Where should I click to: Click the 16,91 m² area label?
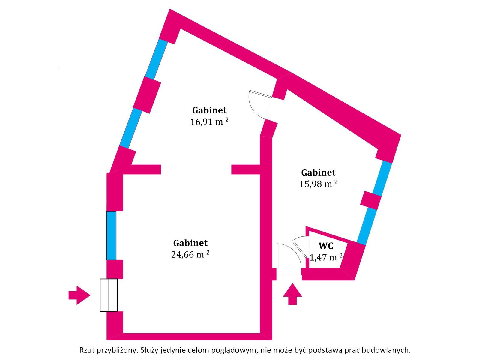pyautogui.click(x=209, y=122)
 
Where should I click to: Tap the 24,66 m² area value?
pyautogui.click(x=190, y=255)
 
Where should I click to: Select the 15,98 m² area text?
pyautogui.click(x=318, y=184)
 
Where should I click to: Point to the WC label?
pyautogui.click(x=326, y=246)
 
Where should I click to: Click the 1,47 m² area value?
pyautogui.click(x=326, y=258)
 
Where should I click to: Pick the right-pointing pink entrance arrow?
pyautogui.click(x=79, y=295)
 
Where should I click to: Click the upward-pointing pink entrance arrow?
pyautogui.click(x=292, y=294)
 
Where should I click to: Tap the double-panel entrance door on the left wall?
pyautogui.click(x=109, y=295)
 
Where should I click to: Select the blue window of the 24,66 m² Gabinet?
pyautogui.click(x=111, y=235)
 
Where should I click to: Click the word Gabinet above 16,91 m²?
pyautogui.click(x=209, y=110)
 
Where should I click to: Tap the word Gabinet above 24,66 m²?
pyautogui.click(x=190, y=243)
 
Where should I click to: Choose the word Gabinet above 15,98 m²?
pyautogui.click(x=318, y=172)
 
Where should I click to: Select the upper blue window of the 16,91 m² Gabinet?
pyautogui.click(x=156, y=59)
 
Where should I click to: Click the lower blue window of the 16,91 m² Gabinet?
pyautogui.click(x=131, y=128)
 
